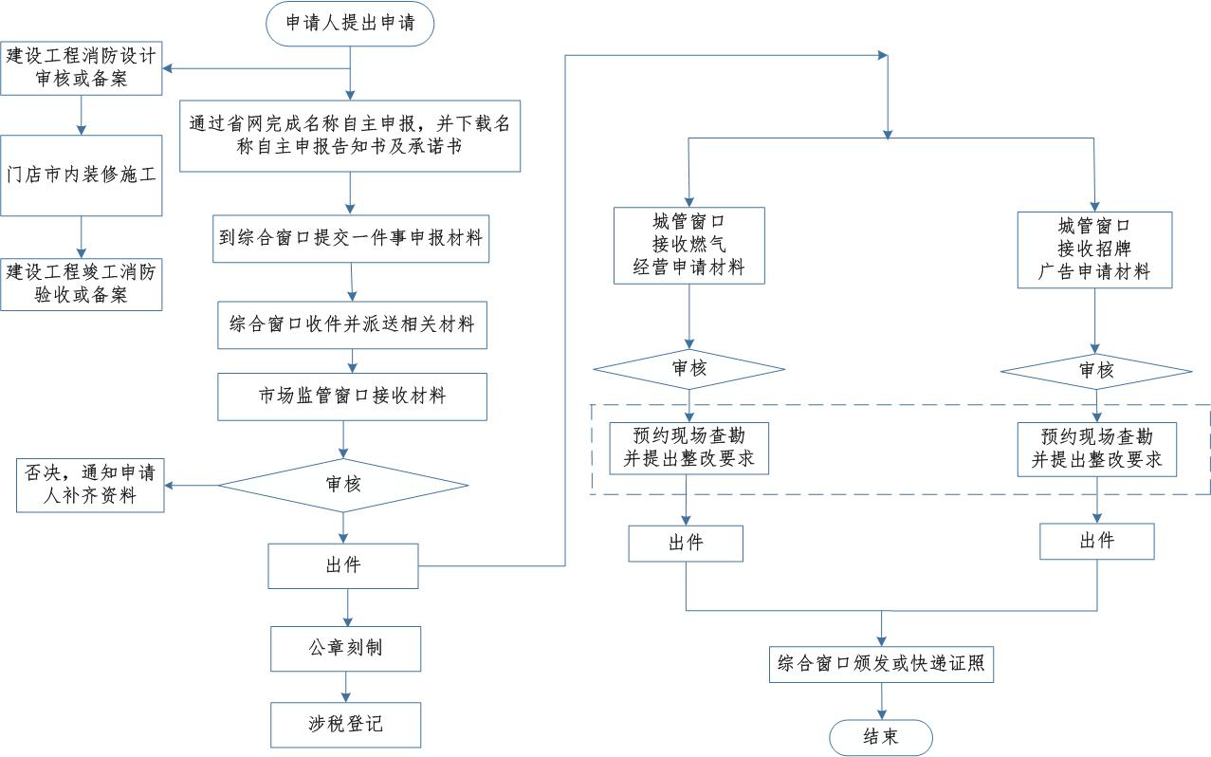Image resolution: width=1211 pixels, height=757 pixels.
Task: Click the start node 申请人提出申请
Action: (350, 24)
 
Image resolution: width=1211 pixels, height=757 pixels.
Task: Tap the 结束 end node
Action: (881, 737)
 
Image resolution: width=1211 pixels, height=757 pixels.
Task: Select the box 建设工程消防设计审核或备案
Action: (82, 68)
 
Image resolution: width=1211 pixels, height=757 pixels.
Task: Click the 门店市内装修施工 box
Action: (82, 175)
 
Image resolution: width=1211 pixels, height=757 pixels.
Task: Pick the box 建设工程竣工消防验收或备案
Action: (82, 285)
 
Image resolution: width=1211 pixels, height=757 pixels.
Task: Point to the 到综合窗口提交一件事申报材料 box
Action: (351, 238)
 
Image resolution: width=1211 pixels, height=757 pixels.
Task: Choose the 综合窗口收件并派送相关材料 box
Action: (352, 325)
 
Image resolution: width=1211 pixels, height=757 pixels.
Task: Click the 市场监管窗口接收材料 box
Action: (352, 397)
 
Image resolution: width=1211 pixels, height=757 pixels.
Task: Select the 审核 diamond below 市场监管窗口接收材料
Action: (343, 485)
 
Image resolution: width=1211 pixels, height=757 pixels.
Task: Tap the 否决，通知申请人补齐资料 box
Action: (90, 485)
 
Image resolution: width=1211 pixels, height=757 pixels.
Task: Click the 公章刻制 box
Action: (345, 649)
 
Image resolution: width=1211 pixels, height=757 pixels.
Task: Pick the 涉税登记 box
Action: (345, 725)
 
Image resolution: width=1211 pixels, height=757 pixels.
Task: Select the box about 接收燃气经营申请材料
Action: (689, 246)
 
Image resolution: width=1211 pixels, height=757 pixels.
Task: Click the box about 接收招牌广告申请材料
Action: (1094, 249)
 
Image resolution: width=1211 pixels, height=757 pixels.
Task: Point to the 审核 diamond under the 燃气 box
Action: (689, 369)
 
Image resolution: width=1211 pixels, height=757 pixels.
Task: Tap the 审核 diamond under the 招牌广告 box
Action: (1096, 372)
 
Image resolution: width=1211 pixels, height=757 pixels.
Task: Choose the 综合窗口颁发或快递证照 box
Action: (881, 664)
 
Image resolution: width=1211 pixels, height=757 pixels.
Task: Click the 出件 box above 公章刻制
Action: (343, 566)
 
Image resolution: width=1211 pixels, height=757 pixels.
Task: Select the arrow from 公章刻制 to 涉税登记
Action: (346, 687)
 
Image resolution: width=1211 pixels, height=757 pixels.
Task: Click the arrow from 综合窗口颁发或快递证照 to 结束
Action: (882, 701)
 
